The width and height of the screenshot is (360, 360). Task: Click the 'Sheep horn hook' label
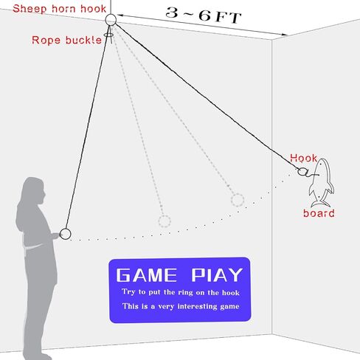click(59, 9)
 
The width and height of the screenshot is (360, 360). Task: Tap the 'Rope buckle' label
click(66, 40)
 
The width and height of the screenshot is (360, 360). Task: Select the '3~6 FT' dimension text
click(204, 15)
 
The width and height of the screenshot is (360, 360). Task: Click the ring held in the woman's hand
click(60, 234)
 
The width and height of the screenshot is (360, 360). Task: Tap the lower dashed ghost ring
click(159, 221)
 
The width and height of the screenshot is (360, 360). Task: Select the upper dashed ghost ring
click(232, 200)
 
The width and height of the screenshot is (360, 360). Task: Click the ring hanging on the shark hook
click(298, 171)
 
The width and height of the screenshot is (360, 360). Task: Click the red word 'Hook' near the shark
click(303, 158)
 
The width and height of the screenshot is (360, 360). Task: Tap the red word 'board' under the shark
click(319, 213)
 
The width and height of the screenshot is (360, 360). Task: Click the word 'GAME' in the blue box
click(147, 275)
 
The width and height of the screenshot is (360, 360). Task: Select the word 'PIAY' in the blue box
click(217, 275)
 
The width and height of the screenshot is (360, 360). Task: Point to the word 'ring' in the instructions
click(186, 293)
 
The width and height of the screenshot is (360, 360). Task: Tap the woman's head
click(34, 190)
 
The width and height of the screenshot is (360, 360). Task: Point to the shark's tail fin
click(320, 204)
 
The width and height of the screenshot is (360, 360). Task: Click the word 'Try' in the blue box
click(128, 292)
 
